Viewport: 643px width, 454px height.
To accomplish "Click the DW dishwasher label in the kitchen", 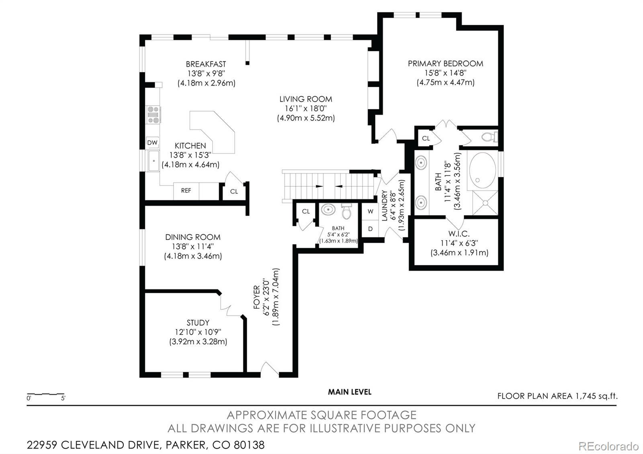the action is [x=152, y=143].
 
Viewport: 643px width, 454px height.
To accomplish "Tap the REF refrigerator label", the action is [x=186, y=190].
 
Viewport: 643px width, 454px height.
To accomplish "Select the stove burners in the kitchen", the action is [x=153, y=115].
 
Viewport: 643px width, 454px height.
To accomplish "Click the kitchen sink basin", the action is [x=154, y=161].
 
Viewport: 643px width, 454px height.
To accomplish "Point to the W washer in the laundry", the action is [x=370, y=211].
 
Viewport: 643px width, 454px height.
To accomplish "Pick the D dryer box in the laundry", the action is [x=370, y=229].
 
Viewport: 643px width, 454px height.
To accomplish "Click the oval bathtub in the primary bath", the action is [x=483, y=170].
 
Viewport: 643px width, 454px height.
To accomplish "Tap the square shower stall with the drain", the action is [x=485, y=203].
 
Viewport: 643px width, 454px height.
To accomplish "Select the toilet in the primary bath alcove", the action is [x=490, y=137].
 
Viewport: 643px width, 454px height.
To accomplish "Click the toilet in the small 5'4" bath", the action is [x=347, y=211].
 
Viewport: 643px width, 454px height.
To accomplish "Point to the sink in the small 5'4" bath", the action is [x=328, y=209].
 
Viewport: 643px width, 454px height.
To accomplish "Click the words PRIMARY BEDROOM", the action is [x=446, y=63].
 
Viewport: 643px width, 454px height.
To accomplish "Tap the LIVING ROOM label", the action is [x=306, y=99].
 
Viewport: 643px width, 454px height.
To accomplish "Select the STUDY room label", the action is [x=198, y=323].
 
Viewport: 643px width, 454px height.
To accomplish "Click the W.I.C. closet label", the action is [x=459, y=233].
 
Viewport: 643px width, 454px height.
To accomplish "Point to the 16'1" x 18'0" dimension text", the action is [x=306, y=108].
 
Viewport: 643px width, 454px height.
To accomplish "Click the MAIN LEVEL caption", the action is [x=350, y=392].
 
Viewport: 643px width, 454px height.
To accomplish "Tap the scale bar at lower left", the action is [x=46, y=394].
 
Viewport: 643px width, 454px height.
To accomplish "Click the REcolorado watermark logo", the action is [x=608, y=446].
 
